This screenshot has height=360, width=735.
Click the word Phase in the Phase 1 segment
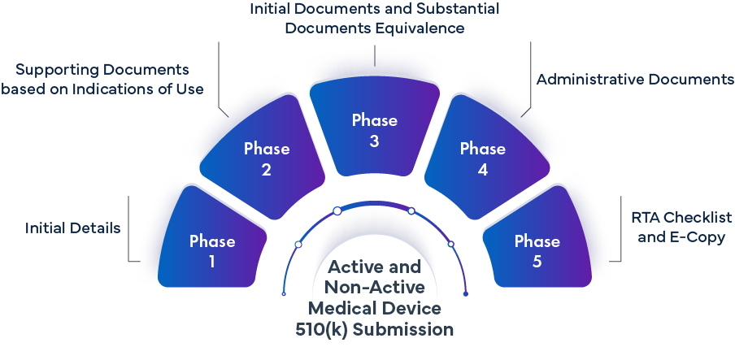click(x=212, y=241)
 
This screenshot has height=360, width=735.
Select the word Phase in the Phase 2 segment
click(x=267, y=149)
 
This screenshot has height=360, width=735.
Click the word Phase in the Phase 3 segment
click(x=375, y=120)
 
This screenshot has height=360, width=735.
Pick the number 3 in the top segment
click(x=375, y=141)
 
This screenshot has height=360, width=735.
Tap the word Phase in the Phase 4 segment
click(x=483, y=149)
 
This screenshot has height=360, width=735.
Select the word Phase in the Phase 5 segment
click(x=537, y=241)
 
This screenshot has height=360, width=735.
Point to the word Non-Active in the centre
click(x=374, y=287)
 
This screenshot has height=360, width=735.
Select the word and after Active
click(x=404, y=267)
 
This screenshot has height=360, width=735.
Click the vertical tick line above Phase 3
click(x=375, y=56)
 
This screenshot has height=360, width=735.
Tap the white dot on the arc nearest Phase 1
click(x=298, y=244)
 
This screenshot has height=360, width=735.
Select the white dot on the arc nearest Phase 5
click(x=450, y=243)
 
